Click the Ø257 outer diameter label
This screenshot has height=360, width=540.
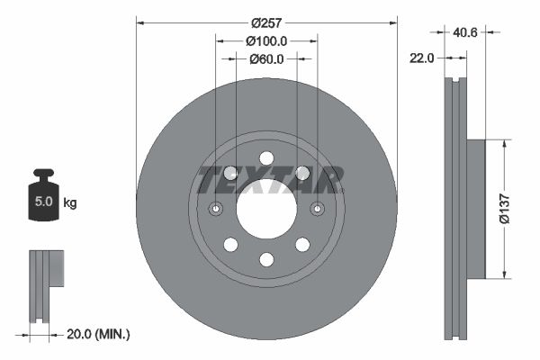tap(266, 22)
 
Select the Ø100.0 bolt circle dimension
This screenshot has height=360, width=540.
tap(266, 40)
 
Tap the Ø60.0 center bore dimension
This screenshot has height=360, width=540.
tap(266, 59)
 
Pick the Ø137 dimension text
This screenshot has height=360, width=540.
tap(520, 208)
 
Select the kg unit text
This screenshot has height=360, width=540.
tap(70, 203)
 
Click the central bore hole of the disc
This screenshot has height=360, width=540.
tap(266, 209)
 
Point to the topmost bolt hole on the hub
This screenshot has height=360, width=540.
tap(266, 158)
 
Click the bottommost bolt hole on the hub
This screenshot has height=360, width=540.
tap(266, 259)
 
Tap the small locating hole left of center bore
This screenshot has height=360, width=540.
tap(216, 209)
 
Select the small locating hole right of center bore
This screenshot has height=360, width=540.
tap(317, 209)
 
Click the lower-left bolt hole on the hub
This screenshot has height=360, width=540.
tap(230, 245)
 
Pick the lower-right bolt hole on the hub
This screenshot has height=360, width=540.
tap(302, 245)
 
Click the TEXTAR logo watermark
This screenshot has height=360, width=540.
tap(270, 180)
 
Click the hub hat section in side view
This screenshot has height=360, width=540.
tap(474, 208)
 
